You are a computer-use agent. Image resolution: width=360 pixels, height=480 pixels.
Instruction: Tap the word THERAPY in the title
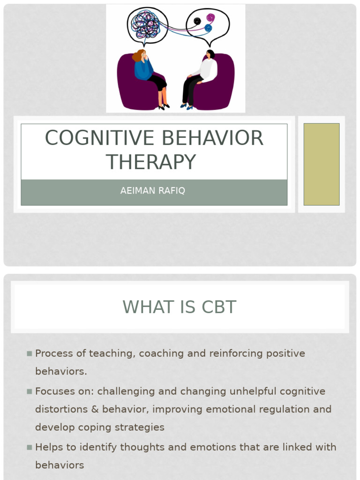[151, 163]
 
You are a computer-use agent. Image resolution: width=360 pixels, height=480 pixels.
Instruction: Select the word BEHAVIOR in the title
[213, 138]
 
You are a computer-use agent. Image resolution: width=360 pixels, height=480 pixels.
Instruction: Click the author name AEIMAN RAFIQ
[153, 191]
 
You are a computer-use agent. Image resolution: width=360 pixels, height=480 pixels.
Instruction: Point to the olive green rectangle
[321, 164]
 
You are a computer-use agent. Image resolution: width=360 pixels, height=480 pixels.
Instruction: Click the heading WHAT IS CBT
[180, 307]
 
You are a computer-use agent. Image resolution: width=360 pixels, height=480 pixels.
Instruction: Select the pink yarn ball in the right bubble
[210, 18]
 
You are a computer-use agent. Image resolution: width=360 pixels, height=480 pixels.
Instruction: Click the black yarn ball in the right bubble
[197, 21]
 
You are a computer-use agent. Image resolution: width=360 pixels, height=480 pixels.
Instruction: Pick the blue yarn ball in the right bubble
[208, 29]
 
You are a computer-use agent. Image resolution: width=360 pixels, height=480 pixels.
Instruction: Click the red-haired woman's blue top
[143, 69]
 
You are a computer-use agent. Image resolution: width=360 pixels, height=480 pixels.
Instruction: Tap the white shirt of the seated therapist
[207, 70]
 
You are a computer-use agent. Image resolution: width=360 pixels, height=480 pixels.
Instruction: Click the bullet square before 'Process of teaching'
[30, 353]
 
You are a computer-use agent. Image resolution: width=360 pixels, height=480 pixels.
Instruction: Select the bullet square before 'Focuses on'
[30, 391]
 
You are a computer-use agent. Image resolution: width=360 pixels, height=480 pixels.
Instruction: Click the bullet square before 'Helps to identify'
[30, 447]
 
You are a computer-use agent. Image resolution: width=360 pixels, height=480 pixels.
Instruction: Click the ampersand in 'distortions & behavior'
[95, 409]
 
